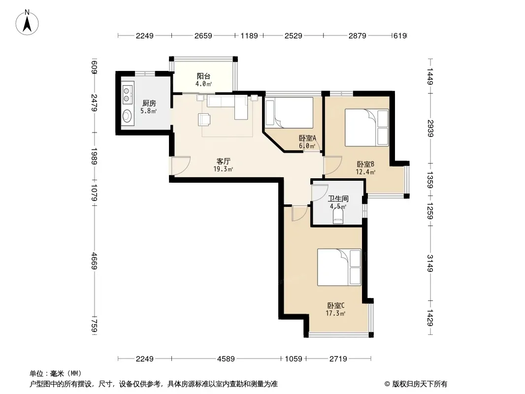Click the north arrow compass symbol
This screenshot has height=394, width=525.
click(27, 22)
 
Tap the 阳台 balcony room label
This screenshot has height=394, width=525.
click(203, 76)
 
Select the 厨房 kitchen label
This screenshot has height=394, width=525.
click(149, 103)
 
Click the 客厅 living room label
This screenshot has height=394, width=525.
click(223, 162)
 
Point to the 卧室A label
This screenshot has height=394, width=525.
click(307, 138)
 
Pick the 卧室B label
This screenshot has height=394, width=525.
click(365, 164)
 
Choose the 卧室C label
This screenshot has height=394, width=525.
click(335, 306)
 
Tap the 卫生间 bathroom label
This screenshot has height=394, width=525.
click(338, 198)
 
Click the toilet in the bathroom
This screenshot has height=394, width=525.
click(338, 216)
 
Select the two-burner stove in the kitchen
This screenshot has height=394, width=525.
click(127, 95)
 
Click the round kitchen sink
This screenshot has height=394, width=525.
click(127, 116)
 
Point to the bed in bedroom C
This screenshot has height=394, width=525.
click(339, 267)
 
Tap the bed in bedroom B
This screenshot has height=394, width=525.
click(366, 128)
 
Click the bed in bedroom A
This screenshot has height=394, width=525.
click(289, 113)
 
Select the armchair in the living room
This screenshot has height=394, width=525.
click(204, 120)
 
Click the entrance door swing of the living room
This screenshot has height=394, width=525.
click(181, 165)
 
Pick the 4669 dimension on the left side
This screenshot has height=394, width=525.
click(94, 261)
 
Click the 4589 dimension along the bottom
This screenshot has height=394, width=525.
click(226, 359)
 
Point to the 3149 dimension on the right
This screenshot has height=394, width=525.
click(430, 263)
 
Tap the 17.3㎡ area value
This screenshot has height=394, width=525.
click(335, 313)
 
